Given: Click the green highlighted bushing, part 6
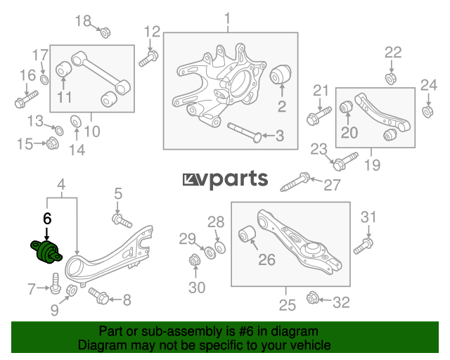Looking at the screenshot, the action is pyautogui.click(x=46, y=252).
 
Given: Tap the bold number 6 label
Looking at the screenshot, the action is pyautogui.click(x=47, y=219).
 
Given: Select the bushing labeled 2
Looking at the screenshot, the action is pyautogui.click(x=281, y=75).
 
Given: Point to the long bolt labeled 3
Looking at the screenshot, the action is pyautogui.click(x=244, y=132).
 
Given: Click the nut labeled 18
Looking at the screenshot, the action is pyautogui.click(x=105, y=32).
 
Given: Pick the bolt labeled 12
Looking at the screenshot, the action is pyautogui.click(x=148, y=58).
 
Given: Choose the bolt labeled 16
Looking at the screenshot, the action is pyautogui.click(x=26, y=99).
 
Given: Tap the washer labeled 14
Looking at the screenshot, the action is pyautogui.click(x=76, y=121).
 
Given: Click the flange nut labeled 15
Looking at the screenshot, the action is pyautogui.click(x=53, y=143).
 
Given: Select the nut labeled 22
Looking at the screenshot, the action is pyautogui.click(x=391, y=79).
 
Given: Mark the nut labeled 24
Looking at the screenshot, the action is pyautogui.click(x=427, y=112).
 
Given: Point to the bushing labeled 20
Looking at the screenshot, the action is pyautogui.click(x=346, y=106).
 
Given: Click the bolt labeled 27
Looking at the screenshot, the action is pyautogui.click(x=295, y=181).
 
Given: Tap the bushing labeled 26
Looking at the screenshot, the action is pyautogui.click(x=247, y=233).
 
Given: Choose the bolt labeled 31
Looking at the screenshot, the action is pyautogui.click(x=364, y=246).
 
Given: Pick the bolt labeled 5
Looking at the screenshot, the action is pyautogui.click(x=122, y=221).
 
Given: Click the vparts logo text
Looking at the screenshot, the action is pyautogui.click(x=225, y=179).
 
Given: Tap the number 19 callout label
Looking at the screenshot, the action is pyautogui.click(x=372, y=165).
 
